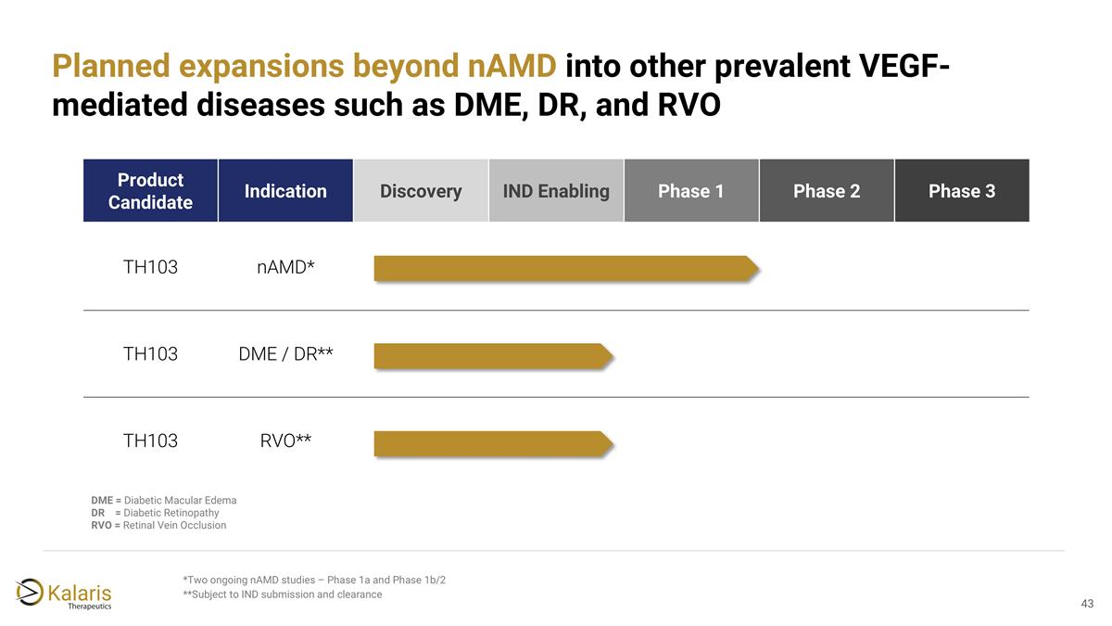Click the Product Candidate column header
150,191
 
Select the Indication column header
285,191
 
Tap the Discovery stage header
421,191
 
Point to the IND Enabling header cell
556,191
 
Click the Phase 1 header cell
691,191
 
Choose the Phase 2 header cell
827,191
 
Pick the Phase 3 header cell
962,191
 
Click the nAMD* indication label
285,268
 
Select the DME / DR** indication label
285,354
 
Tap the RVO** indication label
285,441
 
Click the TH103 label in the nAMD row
150,268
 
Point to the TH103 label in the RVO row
150,441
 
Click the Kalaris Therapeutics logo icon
31,591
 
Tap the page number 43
1087,604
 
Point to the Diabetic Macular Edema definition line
163,501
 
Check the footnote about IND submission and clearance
283,594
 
